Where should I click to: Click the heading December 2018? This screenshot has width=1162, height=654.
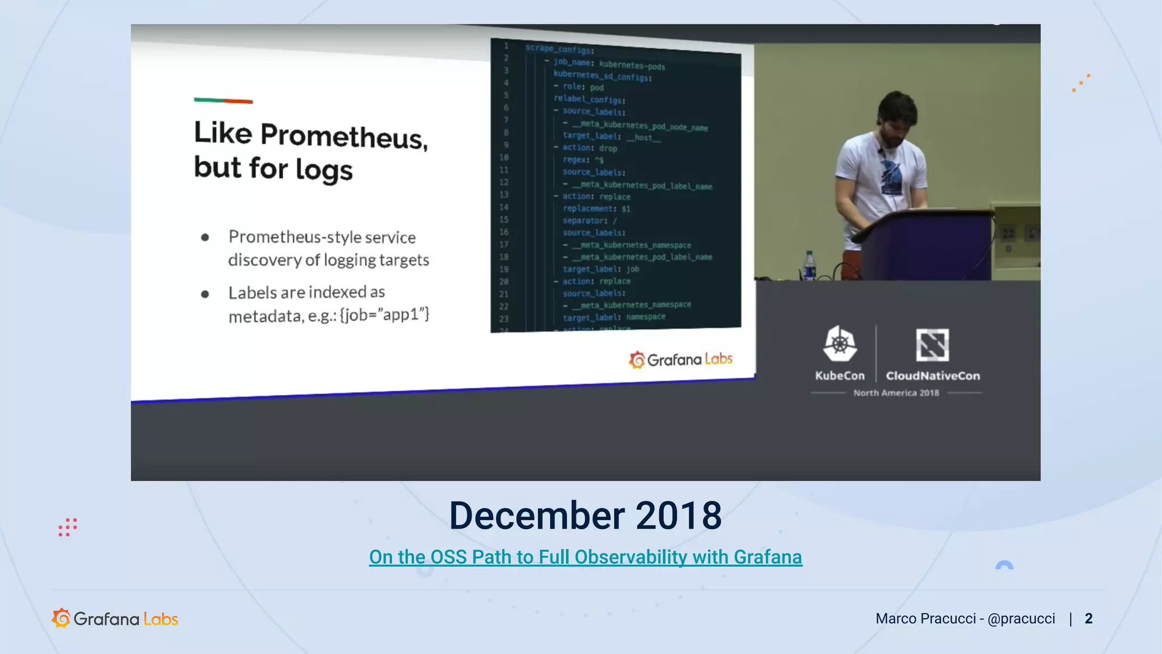point(585,516)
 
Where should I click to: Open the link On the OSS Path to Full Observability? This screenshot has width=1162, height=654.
point(585,557)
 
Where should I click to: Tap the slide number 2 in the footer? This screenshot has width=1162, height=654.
point(1088,618)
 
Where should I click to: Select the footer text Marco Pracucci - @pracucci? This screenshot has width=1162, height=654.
point(965,618)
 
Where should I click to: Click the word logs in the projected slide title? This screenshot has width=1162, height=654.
point(324,170)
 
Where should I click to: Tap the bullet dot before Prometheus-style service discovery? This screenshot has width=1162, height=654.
point(205,237)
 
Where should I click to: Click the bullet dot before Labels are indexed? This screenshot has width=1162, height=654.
point(205,294)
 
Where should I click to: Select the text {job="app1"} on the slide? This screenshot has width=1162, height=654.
point(384,314)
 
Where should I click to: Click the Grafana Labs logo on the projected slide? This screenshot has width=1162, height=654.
point(680,359)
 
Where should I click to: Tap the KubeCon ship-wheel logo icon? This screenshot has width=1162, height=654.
point(840,343)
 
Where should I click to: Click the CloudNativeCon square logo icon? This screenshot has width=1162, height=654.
point(932,345)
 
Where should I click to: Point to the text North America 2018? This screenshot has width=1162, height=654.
point(896,393)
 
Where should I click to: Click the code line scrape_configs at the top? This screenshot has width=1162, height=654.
point(559,49)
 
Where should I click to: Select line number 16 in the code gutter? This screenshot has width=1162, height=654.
point(504,232)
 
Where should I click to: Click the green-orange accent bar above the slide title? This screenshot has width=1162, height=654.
point(223,101)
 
